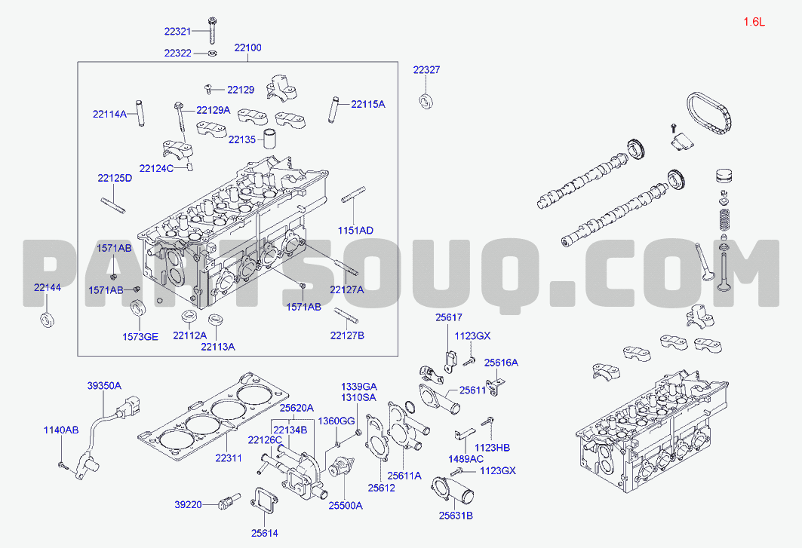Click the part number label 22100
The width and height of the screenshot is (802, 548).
247,47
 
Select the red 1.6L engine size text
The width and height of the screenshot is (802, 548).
754,21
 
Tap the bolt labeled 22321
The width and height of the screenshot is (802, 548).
212,30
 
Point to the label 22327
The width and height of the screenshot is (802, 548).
426,69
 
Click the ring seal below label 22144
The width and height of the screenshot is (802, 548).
47,320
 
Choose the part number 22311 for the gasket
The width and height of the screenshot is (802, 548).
228,458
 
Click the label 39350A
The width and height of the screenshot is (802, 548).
104,385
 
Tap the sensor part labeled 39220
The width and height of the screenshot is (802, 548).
229,502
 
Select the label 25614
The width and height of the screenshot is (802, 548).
264,533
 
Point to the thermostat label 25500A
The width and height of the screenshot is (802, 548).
346,506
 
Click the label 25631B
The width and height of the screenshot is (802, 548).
456,516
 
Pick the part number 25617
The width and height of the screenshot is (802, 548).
449,317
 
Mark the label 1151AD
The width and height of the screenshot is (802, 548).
355,231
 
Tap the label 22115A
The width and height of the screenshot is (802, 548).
367,104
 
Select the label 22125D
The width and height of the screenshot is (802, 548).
115,178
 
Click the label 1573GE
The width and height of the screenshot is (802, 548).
140,337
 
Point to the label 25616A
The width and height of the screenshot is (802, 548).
501,363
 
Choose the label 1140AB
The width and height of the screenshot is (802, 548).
61,430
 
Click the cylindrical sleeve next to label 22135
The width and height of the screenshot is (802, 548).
269,138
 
